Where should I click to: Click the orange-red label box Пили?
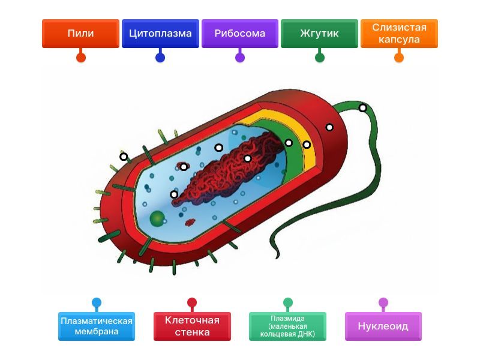point(80,34)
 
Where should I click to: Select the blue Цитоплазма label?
point(160,34)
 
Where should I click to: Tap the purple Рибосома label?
point(240,34)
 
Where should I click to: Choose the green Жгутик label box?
point(319,34)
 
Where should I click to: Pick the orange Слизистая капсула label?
point(399,34)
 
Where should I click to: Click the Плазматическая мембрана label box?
point(97,326)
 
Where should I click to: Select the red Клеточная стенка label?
point(192,326)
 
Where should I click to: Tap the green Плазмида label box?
point(287,326)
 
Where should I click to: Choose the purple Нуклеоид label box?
point(383,326)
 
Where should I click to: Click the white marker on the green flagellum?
point(362,108)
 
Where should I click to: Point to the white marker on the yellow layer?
point(307,145)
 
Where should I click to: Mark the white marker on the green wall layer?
point(289,143)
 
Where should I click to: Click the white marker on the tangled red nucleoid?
point(247,158)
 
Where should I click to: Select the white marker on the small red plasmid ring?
point(184,167)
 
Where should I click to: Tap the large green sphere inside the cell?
point(157,218)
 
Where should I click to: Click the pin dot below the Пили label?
point(80,58)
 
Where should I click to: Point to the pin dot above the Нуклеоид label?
point(383,302)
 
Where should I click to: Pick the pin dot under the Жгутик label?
point(320,58)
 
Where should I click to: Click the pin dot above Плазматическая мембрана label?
point(97,302)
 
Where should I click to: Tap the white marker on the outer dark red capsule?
point(329,127)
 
